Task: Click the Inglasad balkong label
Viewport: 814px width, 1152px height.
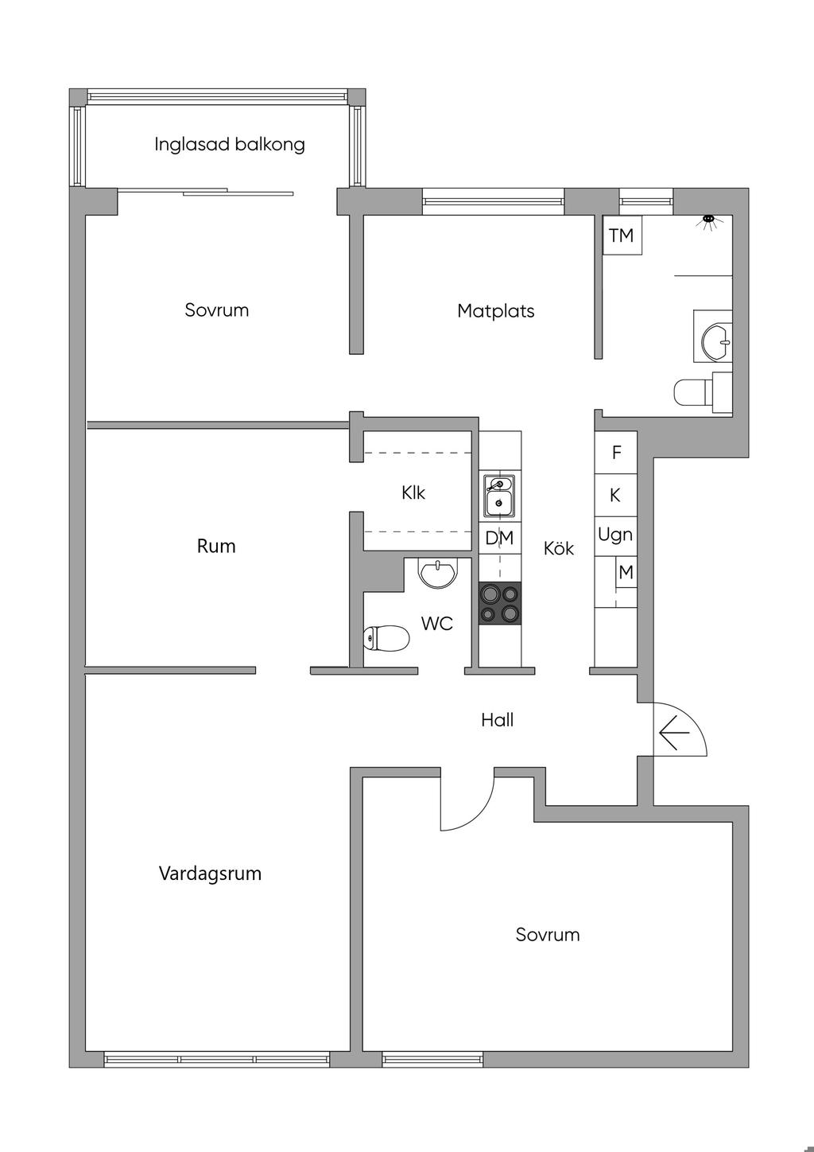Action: (x=229, y=144)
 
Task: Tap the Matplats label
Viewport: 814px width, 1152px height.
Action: (x=495, y=311)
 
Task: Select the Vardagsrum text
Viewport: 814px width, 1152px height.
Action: (x=210, y=874)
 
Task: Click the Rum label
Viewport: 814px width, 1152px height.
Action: (x=216, y=546)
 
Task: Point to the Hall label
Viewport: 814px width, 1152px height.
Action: (x=497, y=720)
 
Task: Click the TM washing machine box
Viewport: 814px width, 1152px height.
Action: (x=622, y=235)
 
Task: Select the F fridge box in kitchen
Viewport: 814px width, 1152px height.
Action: (x=616, y=453)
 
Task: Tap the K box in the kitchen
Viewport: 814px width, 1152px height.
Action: (x=615, y=495)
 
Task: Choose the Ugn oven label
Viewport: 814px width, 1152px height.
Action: (x=615, y=534)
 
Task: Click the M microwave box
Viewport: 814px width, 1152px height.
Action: (x=626, y=572)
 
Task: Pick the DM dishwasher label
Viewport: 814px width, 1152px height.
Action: (x=499, y=538)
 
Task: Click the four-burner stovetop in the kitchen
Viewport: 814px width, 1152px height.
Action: (x=500, y=602)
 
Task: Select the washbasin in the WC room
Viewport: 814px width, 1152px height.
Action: (x=438, y=572)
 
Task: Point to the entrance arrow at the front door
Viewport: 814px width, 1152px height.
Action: (x=673, y=732)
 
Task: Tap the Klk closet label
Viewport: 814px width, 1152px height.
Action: (x=413, y=493)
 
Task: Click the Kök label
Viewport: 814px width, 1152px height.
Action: (x=558, y=548)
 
